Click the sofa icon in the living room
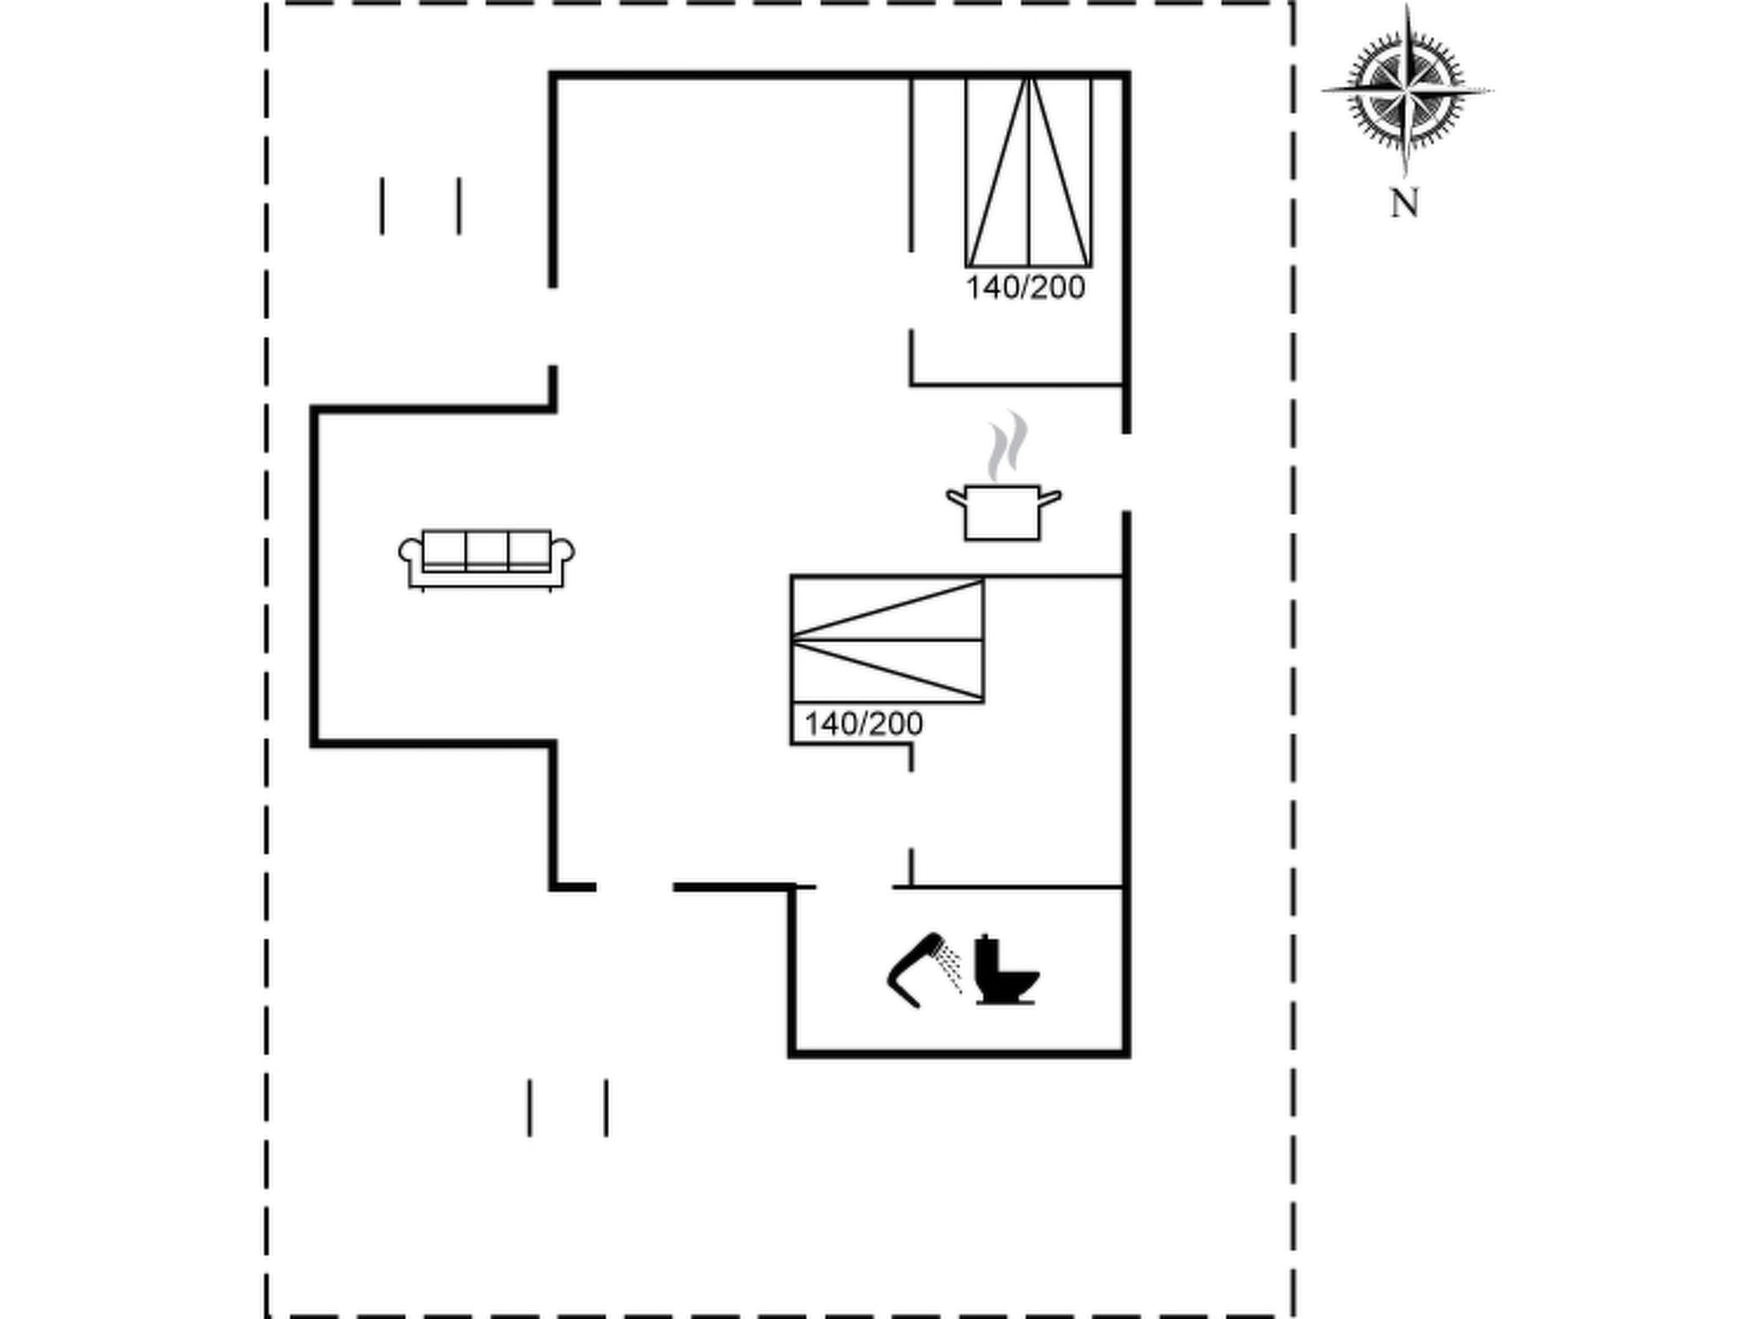(486, 560)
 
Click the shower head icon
(924, 969)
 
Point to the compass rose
(1406, 90)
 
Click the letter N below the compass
(1405, 204)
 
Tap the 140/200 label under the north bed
(1026, 288)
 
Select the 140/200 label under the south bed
(863, 724)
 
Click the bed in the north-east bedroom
(1028, 172)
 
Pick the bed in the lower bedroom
(887, 640)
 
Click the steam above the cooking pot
(1007, 446)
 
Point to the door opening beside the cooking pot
(1126, 472)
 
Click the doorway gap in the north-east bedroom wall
(911, 290)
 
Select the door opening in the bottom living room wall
(635, 886)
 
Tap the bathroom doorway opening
(855, 886)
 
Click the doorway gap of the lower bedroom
(911, 810)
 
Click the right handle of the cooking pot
(1051, 497)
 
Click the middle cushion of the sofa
(487, 550)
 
